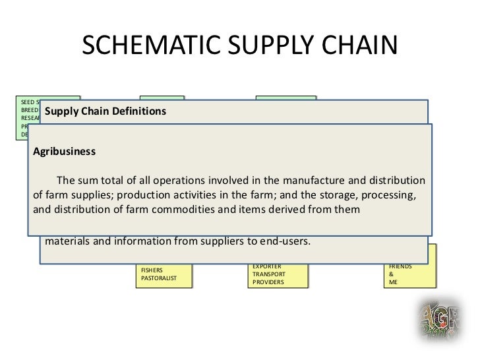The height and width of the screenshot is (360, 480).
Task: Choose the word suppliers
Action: coord(218,240)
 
